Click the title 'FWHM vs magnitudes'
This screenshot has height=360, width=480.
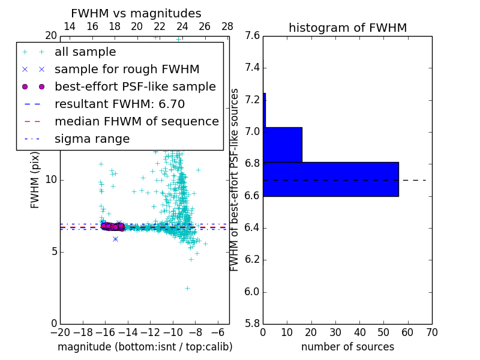point(136,14)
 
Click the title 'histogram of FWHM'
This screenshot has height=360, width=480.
point(347,28)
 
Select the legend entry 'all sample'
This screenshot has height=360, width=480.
point(85,52)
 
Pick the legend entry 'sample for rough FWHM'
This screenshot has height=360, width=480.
point(127,69)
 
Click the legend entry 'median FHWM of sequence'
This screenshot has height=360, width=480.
point(136,121)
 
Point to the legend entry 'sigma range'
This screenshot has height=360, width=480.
point(92,139)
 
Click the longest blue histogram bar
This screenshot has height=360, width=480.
point(331,179)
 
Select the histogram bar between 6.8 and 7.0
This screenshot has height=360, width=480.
point(282,145)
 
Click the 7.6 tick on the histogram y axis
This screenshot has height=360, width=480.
point(252,35)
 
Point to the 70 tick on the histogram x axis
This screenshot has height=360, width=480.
point(432,332)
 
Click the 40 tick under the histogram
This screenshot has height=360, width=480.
point(359,332)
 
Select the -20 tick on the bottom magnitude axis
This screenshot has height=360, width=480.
point(60,332)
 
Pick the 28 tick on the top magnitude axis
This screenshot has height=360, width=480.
point(227,26)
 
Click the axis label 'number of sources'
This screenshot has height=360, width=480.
point(347,347)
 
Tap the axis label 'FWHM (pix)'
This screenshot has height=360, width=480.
point(35,179)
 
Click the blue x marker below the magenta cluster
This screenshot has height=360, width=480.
point(115,239)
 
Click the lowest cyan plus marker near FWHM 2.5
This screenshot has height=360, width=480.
point(187,288)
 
